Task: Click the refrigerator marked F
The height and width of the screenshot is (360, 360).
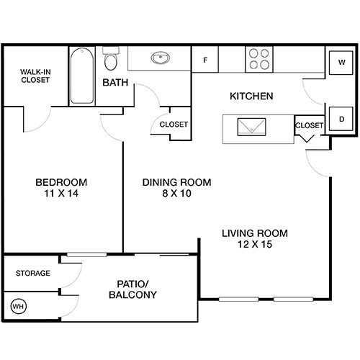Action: [206, 60]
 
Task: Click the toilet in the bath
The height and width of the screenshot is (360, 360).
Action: [111, 58]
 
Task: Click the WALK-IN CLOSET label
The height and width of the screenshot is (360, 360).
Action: [35, 76]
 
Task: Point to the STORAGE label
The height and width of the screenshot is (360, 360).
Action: [33, 274]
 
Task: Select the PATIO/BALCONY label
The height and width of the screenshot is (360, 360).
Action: [132, 289]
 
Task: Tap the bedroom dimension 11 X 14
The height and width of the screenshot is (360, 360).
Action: [61, 194]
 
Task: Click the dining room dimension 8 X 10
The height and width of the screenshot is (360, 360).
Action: [176, 194]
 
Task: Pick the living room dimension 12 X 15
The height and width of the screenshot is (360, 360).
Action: [255, 245]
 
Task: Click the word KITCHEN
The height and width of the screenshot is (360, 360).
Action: [251, 96]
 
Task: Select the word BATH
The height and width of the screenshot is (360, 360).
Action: [115, 83]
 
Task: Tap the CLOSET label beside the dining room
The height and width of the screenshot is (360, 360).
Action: [174, 125]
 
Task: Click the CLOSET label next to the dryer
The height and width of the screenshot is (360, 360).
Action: [310, 125]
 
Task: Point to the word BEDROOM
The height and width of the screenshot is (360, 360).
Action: [61, 182]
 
